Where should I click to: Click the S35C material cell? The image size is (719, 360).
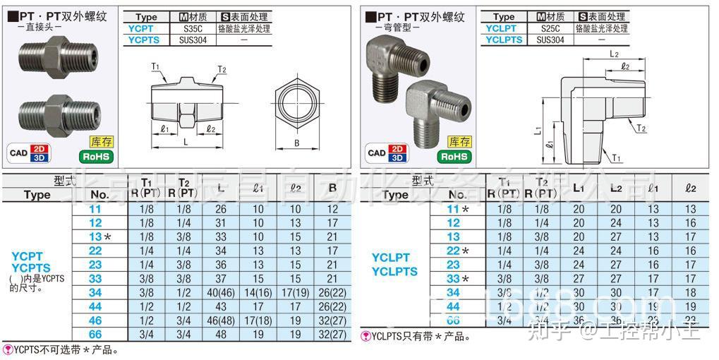click(x=193, y=29)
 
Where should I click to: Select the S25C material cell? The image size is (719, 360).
click(x=550, y=29)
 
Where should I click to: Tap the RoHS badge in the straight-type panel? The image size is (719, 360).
click(x=95, y=156)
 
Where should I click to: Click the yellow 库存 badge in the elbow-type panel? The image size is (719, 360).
click(x=459, y=142)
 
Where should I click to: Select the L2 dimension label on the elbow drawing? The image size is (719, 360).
click(x=613, y=54)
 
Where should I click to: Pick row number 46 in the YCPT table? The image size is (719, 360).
click(x=95, y=320)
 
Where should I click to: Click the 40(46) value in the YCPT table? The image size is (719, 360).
click(x=222, y=292)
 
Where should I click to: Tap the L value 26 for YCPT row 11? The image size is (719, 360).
click(x=221, y=209)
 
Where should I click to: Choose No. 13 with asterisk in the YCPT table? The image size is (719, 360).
click(x=99, y=236)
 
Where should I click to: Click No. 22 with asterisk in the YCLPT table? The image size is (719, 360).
click(x=457, y=251)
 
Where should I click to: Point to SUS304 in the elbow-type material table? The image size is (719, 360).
click(x=550, y=40)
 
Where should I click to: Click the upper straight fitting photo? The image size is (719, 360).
click(x=59, y=57)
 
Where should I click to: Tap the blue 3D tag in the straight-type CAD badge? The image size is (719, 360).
click(x=40, y=157)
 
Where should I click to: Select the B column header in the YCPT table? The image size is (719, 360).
click(x=332, y=188)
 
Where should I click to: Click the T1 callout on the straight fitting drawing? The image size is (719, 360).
click(x=155, y=66)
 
